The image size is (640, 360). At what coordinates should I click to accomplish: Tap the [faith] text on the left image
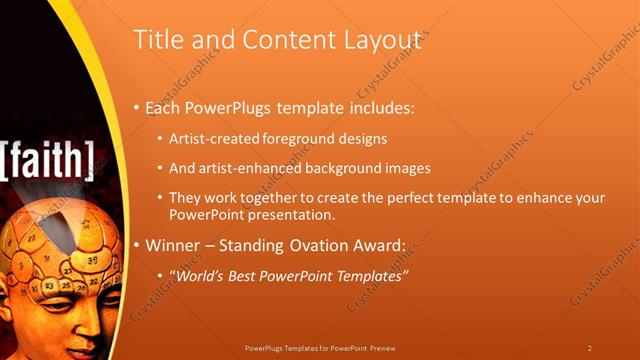click(x=48, y=158)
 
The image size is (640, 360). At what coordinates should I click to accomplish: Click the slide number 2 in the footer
click(x=590, y=348)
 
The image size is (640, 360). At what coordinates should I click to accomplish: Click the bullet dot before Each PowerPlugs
click(x=138, y=107)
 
